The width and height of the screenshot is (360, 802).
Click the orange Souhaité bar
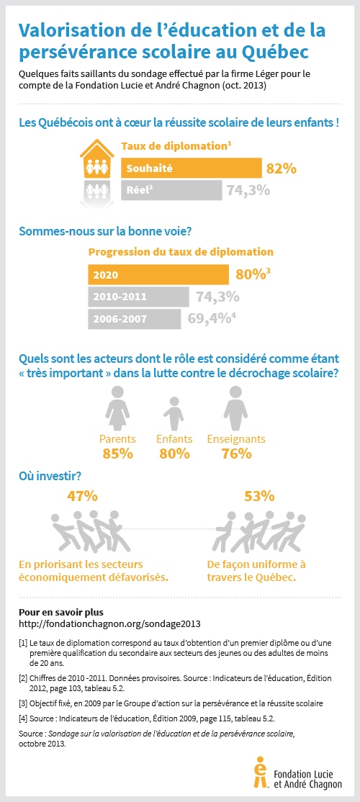(x=191, y=168)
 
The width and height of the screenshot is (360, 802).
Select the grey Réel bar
(x=171, y=190)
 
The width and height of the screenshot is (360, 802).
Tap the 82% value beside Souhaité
(x=282, y=168)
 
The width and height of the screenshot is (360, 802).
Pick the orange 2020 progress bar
(x=158, y=275)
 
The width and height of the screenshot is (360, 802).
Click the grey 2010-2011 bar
(x=137, y=297)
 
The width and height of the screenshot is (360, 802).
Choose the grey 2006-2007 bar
(x=137, y=318)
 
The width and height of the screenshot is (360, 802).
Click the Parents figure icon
(x=117, y=406)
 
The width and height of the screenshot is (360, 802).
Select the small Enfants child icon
(x=173, y=413)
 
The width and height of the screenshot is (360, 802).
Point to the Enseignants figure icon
(x=235, y=406)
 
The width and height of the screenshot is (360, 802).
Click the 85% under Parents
(x=117, y=454)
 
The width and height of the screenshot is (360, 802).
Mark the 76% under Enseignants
(x=236, y=454)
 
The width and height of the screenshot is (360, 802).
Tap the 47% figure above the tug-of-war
(x=82, y=496)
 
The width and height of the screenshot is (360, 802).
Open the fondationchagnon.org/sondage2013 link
(x=109, y=623)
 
